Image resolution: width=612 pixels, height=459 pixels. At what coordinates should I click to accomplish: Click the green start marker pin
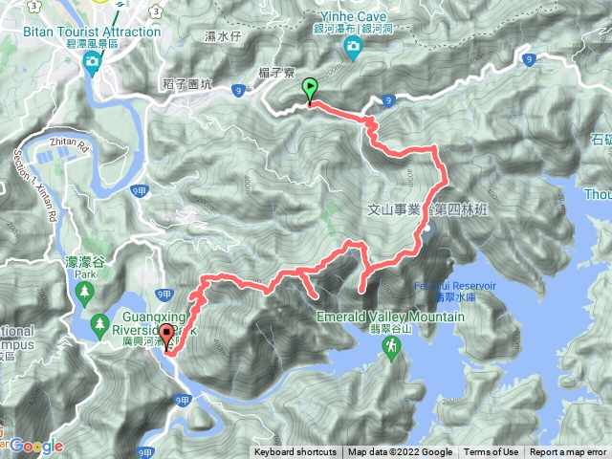tap(310, 90)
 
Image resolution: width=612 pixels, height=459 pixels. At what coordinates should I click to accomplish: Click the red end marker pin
tap(168, 337)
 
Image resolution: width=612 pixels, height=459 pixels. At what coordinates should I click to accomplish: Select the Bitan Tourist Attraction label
tap(98, 32)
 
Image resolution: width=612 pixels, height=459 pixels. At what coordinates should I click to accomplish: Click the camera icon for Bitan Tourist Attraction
tap(93, 63)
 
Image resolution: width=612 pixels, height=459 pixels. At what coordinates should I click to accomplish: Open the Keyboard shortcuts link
tap(295, 452)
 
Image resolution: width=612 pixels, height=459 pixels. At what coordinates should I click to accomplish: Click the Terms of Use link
tap(492, 452)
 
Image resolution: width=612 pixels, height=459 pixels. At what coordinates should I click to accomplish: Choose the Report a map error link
tap(568, 452)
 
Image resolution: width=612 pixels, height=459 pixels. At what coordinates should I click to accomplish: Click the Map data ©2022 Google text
tap(401, 452)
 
